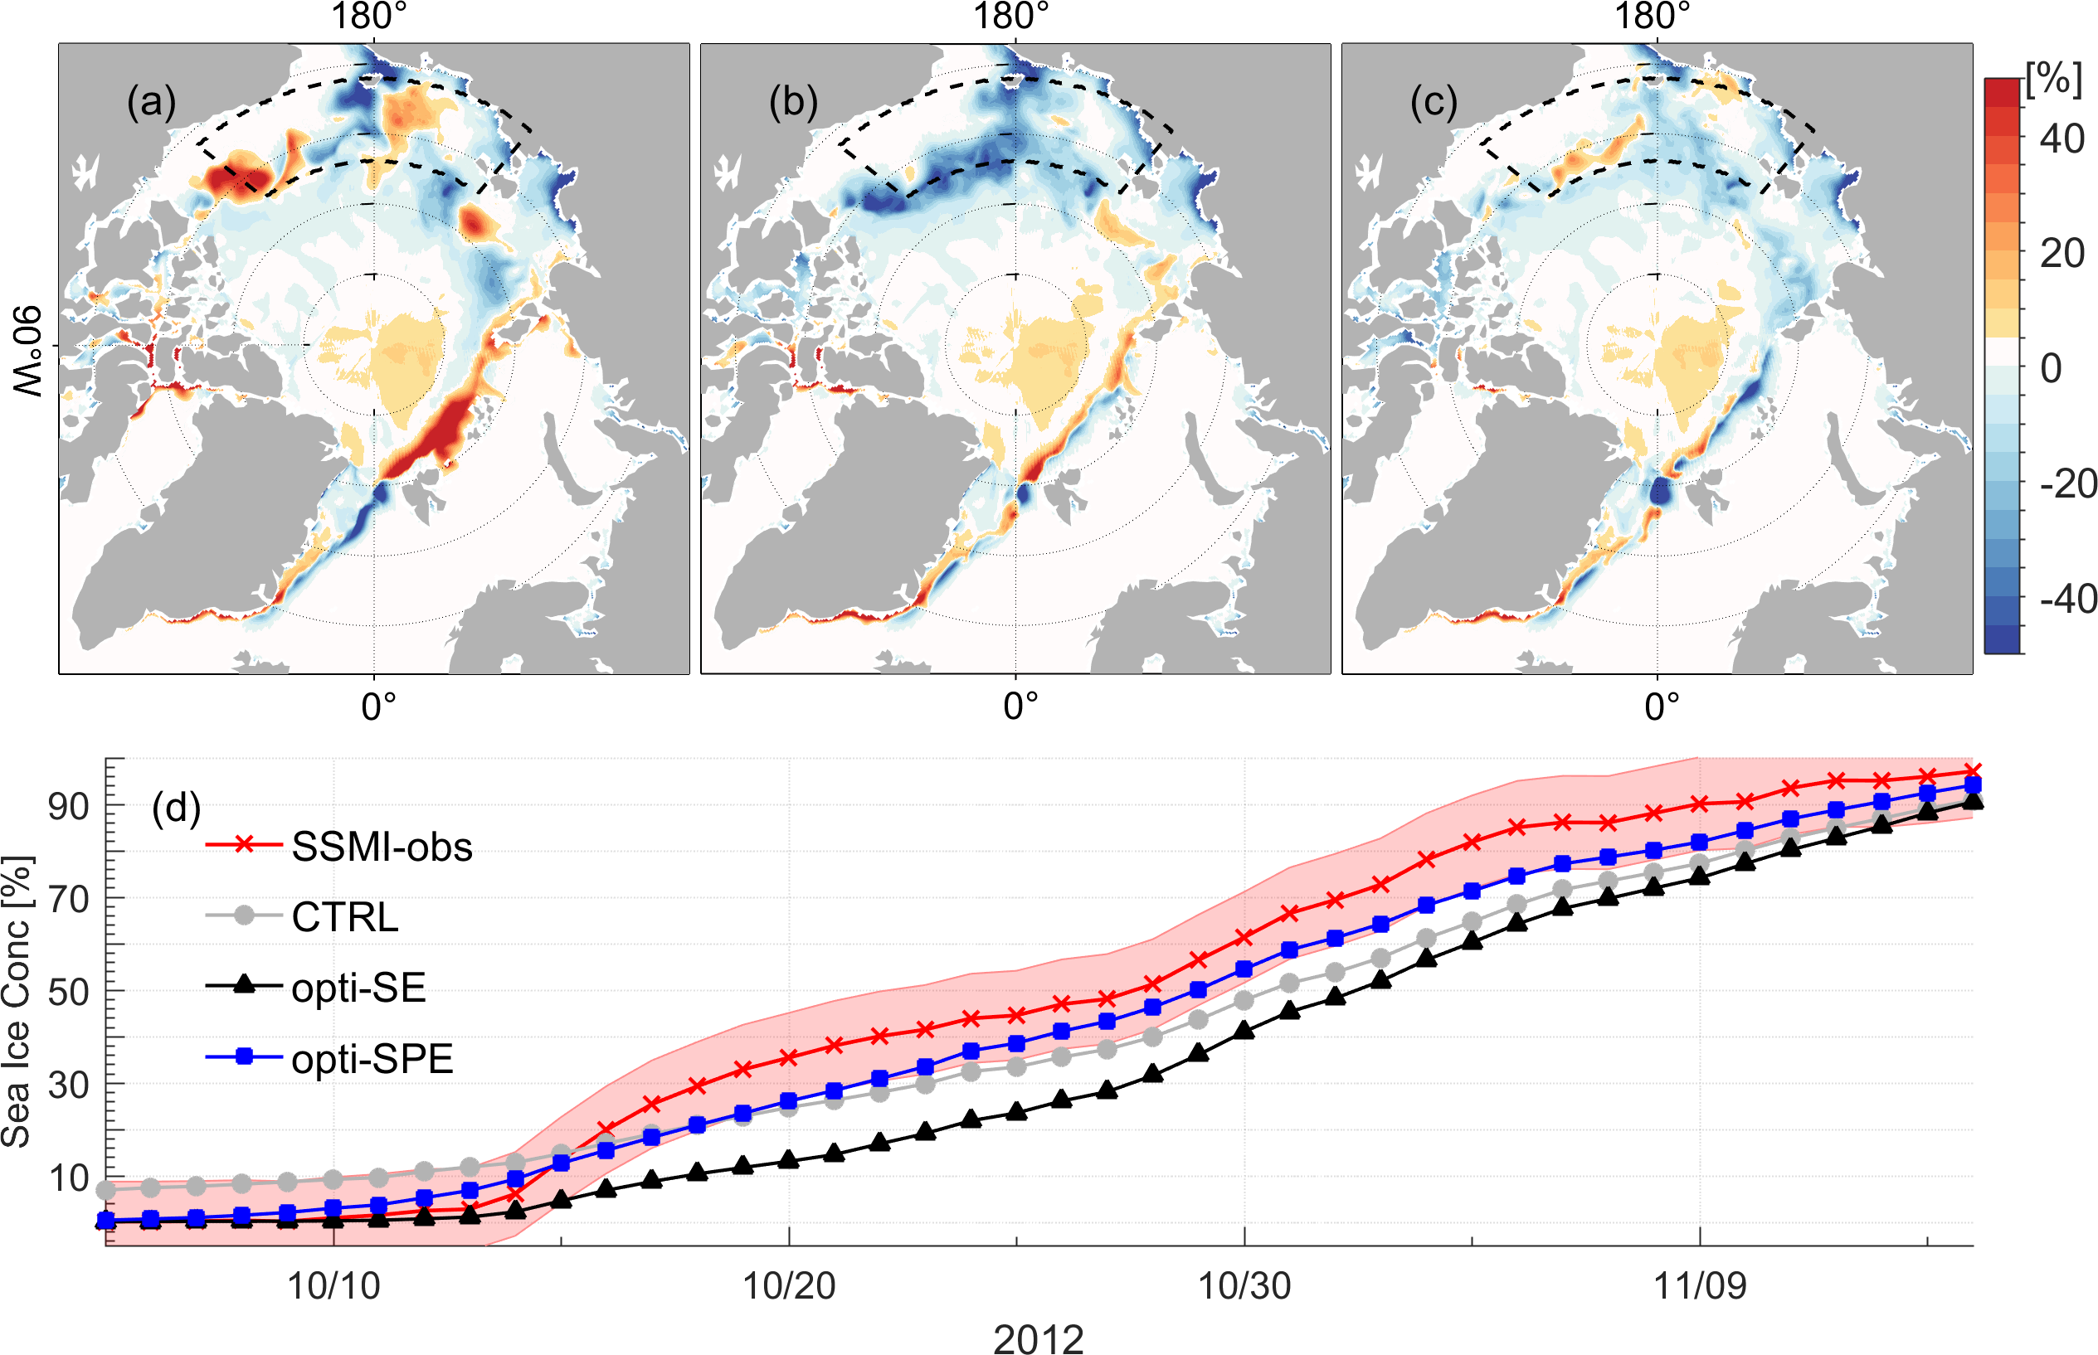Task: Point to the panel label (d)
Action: point(176,807)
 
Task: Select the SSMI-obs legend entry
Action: point(381,847)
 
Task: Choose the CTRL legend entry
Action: point(345,918)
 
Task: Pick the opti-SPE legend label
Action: point(372,1058)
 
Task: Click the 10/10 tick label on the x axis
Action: point(333,1286)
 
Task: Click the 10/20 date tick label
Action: point(790,1286)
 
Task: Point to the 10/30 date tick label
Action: point(1244,1286)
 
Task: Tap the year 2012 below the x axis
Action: point(1039,1338)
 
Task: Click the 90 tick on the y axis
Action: point(69,806)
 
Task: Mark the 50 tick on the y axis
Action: point(69,992)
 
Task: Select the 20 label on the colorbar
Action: point(2062,254)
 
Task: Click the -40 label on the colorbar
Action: point(2068,600)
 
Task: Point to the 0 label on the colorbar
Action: point(2052,368)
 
